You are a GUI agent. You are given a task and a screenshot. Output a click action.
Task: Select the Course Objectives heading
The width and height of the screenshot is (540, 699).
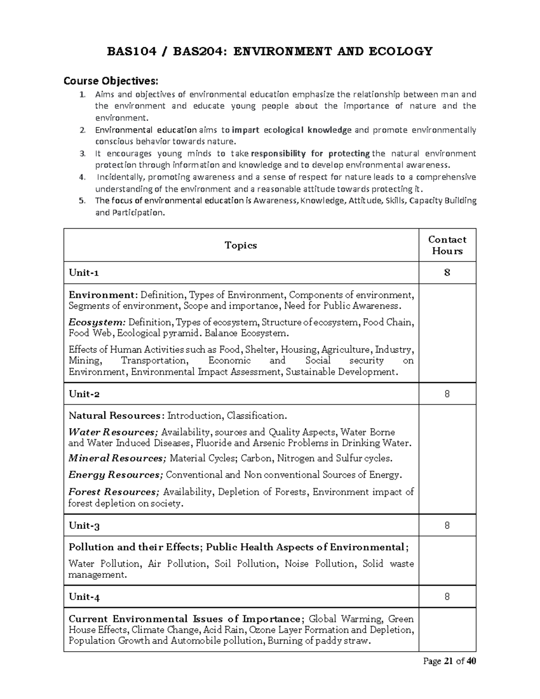(x=111, y=81)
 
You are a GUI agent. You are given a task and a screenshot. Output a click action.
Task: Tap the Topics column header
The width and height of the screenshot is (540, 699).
(x=241, y=245)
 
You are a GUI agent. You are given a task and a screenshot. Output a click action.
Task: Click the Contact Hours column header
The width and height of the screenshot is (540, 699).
(x=447, y=245)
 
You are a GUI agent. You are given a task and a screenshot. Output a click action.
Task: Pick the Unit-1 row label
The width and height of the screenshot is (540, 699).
(x=84, y=273)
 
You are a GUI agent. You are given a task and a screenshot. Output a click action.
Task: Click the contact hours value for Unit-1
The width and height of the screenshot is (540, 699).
(x=447, y=273)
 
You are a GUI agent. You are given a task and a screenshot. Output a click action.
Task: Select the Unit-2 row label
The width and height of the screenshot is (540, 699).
(x=84, y=394)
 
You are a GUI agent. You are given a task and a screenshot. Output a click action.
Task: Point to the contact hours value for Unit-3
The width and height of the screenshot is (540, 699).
(x=447, y=525)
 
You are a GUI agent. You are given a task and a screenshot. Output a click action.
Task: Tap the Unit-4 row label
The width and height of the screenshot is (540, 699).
(x=84, y=597)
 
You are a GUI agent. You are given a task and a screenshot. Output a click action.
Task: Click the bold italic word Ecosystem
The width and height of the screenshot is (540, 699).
(x=97, y=322)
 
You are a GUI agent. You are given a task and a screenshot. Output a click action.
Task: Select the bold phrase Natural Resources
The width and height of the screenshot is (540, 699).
(x=114, y=415)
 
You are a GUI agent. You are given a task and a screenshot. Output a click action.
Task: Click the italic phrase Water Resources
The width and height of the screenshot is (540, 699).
(x=113, y=432)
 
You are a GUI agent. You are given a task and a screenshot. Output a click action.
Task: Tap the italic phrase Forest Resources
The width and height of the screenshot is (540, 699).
(x=114, y=492)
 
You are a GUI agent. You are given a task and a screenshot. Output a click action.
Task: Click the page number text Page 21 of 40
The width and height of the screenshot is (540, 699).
(x=449, y=661)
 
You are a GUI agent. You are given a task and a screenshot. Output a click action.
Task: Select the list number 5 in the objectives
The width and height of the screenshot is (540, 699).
(x=81, y=201)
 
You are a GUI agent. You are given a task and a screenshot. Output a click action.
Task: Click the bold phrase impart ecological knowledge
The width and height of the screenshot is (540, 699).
(x=291, y=130)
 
